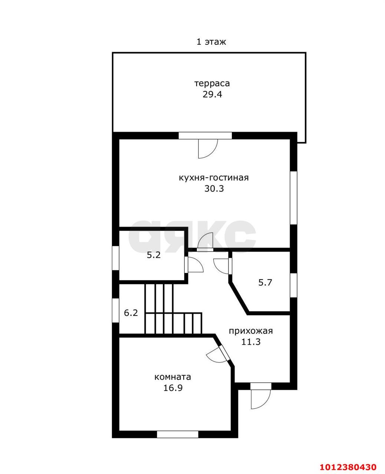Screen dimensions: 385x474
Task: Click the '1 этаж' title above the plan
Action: [x=211, y=42]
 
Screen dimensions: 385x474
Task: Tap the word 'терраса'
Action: [x=212, y=83]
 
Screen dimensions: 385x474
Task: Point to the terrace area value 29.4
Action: [x=212, y=94]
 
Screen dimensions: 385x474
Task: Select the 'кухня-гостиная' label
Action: [x=214, y=178]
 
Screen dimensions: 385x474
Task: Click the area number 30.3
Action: [x=214, y=189]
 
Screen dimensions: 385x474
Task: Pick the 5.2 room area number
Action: [x=154, y=255]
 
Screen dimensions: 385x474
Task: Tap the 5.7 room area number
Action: [x=265, y=283]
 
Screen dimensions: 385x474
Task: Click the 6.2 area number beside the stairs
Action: [x=131, y=313]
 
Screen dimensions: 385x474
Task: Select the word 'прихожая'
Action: [x=251, y=331]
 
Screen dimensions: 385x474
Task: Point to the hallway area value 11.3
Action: [x=251, y=342]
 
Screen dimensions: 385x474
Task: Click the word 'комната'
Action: [x=173, y=377]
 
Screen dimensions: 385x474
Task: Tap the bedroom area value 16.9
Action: [x=173, y=388]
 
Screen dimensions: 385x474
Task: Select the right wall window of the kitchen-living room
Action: [x=293, y=198]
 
